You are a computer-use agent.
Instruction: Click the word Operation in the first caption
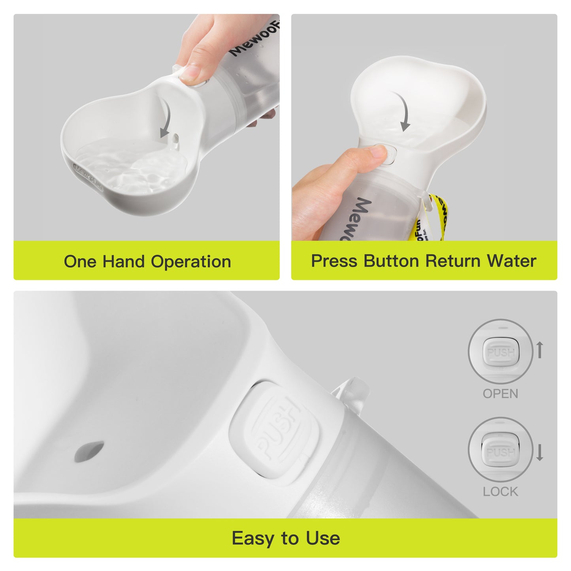[x=191, y=262]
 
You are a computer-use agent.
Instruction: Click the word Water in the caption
[x=511, y=261]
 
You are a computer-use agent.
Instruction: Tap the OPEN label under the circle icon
[x=500, y=394]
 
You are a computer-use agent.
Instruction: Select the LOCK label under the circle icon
[x=500, y=492]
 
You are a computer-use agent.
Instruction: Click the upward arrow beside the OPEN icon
[x=540, y=350]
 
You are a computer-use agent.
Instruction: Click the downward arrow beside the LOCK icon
[x=540, y=452]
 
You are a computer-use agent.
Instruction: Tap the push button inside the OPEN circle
[x=501, y=352]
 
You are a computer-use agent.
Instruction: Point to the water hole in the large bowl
[x=89, y=451]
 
